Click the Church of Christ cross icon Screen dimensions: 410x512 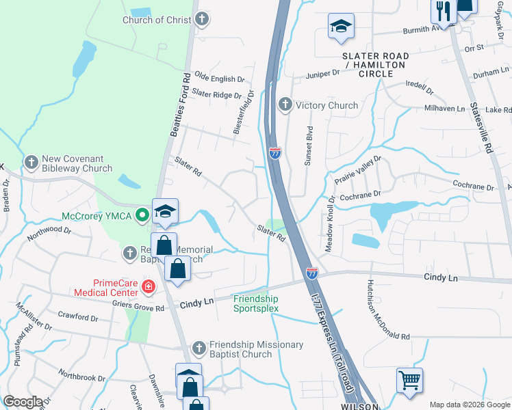point(201,20)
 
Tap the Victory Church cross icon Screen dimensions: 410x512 point(285,105)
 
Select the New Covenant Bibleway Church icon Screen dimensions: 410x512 point(31,163)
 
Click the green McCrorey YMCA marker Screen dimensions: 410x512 point(142,216)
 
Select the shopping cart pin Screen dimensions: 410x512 point(409,379)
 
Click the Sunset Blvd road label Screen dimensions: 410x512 point(309,144)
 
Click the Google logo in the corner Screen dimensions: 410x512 point(23,402)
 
